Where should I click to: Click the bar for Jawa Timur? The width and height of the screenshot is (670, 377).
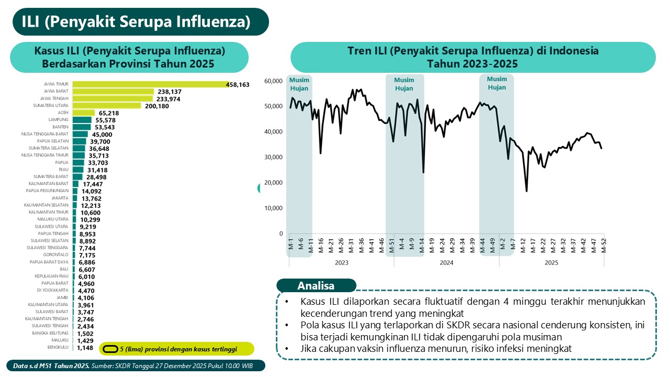pyautogui.click(x=149, y=84)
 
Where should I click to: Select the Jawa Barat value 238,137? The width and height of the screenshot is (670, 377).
pyautogui.click(x=172, y=91)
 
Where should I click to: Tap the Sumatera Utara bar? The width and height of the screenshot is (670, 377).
pyautogui.click(x=107, y=105)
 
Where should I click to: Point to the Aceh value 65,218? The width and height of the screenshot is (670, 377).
pyautogui.click(x=109, y=113)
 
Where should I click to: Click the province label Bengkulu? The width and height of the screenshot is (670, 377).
pyautogui.click(x=59, y=348)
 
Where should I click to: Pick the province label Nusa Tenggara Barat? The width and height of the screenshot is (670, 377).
pyautogui.click(x=45, y=134)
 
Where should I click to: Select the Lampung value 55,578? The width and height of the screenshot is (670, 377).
pyautogui.click(x=106, y=120)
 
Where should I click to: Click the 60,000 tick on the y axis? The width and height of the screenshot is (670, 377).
pyautogui.click(x=273, y=81)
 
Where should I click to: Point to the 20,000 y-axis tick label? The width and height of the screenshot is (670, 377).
pyautogui.click(x=273, y=183)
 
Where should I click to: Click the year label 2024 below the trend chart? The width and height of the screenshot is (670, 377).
pyautogui.click(x=446, y=262)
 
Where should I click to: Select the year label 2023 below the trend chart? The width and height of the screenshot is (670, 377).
pyautogui.click(x=341, y=262)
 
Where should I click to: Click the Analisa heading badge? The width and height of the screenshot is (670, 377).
pyautogui.click(x=316, y=286)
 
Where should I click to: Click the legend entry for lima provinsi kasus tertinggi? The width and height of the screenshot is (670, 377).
pyautogui.click(x=178, y=349)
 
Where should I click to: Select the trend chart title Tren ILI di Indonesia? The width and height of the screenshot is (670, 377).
pyautogui.click(x=473, y=57)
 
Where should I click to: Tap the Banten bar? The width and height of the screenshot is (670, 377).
pyautogui.click(x=82, y=127)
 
